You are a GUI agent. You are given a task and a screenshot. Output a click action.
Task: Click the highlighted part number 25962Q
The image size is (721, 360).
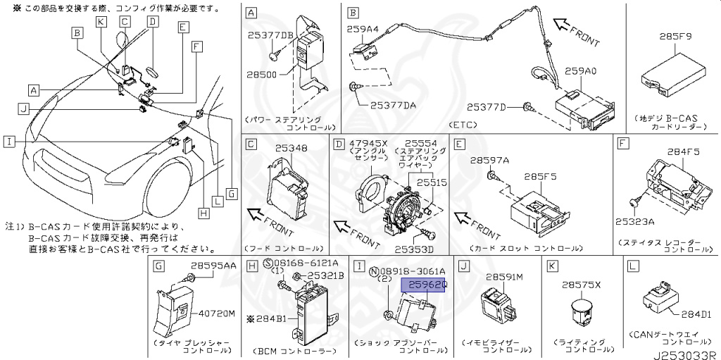point(424,285)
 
